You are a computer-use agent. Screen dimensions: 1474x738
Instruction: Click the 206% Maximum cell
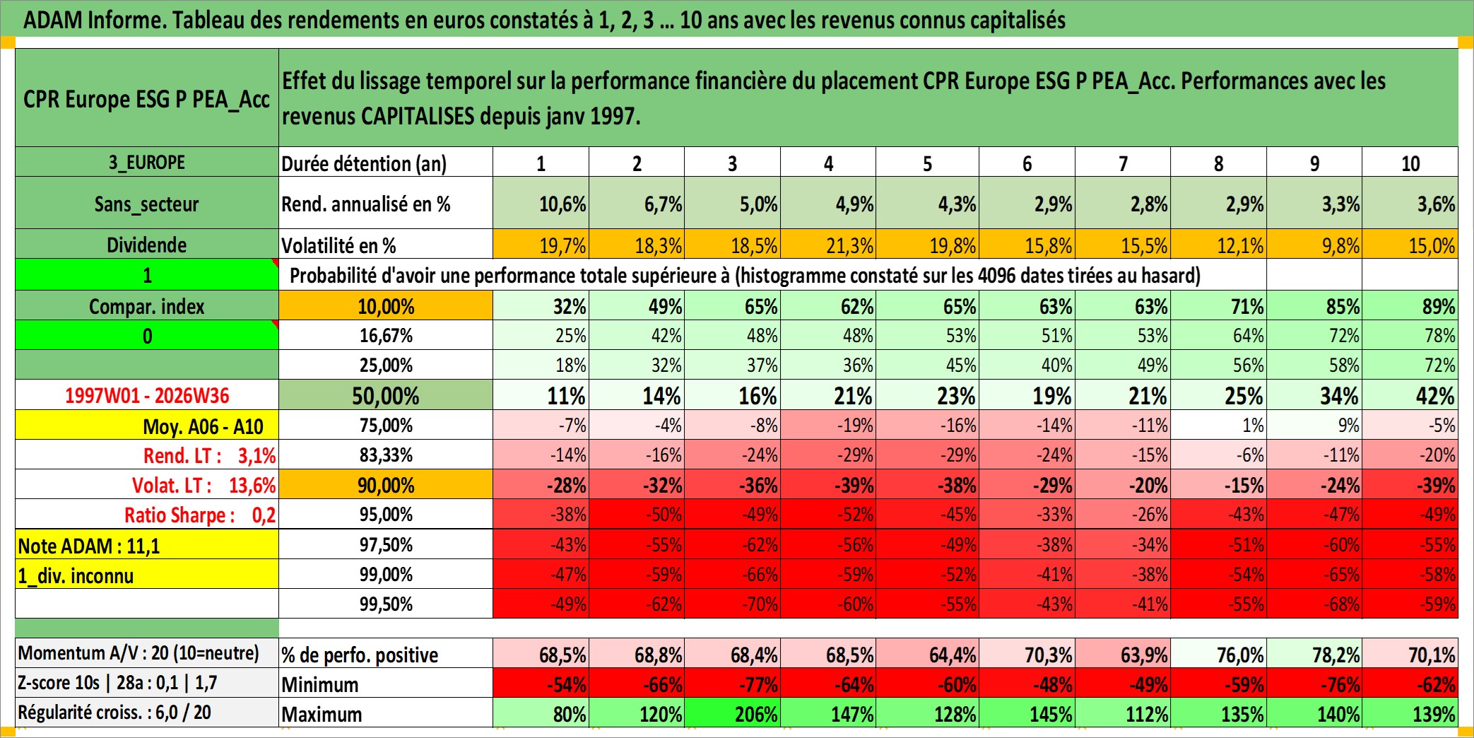tap(733, 713)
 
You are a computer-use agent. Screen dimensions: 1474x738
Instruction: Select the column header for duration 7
tap(1123, 163)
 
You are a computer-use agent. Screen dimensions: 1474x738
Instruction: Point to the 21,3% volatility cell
tap(828, 245)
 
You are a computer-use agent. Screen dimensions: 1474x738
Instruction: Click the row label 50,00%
tap(386, 395)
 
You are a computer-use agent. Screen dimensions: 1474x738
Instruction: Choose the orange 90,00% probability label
tap(386, 485)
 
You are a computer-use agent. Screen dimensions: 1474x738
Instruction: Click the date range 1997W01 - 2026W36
tap(147, 395)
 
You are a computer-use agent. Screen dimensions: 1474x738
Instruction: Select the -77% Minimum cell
tap(733, 684)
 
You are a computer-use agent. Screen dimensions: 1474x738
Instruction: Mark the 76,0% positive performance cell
tap(1219, 654)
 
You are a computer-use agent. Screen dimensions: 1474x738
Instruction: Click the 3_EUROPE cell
tap(147, 162)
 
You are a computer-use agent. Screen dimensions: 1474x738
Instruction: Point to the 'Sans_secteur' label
tap(147, 204)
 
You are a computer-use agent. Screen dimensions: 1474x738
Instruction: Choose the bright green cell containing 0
tap(147, 336)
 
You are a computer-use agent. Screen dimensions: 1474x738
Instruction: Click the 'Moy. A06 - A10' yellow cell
tap(147, 426)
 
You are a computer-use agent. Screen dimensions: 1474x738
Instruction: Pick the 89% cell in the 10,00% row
tap(1410, 305)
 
